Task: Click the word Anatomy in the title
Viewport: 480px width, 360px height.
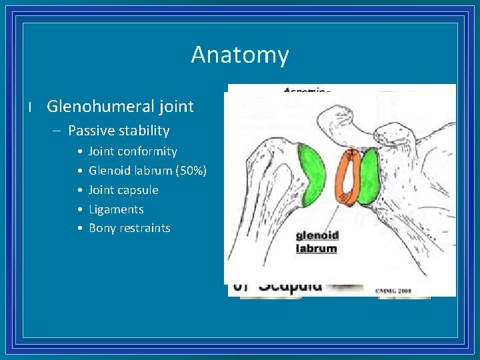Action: click(240, 55)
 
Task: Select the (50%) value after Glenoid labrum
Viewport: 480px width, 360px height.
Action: click(191, 171)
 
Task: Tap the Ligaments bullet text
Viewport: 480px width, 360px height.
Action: click(116, 209)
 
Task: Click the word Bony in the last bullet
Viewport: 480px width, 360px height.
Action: click(102, 228)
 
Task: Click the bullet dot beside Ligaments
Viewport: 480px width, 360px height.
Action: click(79, 209)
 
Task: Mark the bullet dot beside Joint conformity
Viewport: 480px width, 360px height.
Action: click(79, 152)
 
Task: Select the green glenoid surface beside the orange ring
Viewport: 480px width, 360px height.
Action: click(369, 177)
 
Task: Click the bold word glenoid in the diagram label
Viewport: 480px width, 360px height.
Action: click(317, 235)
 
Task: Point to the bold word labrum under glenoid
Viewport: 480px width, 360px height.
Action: click(317, 248)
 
